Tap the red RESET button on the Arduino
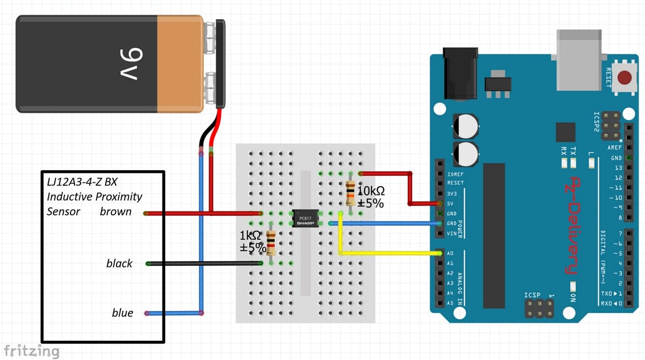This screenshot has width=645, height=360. [624, 77]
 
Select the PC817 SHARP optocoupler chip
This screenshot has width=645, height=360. [306, 218]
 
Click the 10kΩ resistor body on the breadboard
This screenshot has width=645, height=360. [350, 194]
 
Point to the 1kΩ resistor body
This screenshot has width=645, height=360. [271, 243]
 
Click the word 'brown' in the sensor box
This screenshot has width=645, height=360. [115, 212]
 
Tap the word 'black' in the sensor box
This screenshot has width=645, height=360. [119, 264]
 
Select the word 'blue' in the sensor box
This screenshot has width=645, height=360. [122, 313]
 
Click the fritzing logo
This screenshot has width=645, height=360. [31, 351]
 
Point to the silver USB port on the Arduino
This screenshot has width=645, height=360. [579, 60]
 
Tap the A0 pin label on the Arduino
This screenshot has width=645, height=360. [450, 253]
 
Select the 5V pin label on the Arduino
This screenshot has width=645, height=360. [450, 203]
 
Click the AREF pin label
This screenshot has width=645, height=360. [615, 148]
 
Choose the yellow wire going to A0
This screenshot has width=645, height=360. [388, 253]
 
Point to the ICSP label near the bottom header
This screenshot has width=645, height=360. [532, 295]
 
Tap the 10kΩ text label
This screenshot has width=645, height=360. [371, 191]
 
